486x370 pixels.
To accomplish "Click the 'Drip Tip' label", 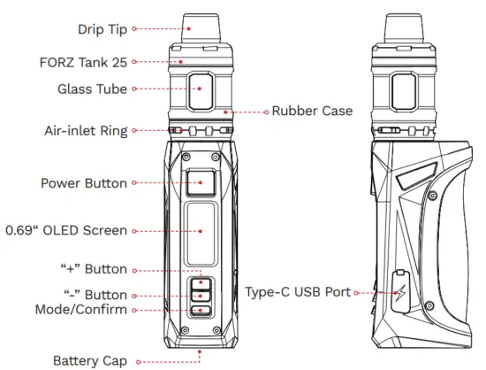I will click(x=102, y=28).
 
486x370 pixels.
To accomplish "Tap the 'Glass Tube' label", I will click(x=92, y=89).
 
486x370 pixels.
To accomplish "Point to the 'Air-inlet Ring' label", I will click(x=84, y=131).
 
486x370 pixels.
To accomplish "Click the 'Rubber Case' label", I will click(x=312, y=112).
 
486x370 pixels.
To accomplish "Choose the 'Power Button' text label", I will click(x=84, y=184).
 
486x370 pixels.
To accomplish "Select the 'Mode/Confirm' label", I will click(x=80, y=309).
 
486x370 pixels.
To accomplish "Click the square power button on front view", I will click(x=200, y=184).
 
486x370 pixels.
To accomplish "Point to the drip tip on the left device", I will click(x=200, y=27).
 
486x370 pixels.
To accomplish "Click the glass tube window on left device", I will click(x=200, y=89).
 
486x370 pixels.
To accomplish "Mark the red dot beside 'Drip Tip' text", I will click(x=134, y=28).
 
